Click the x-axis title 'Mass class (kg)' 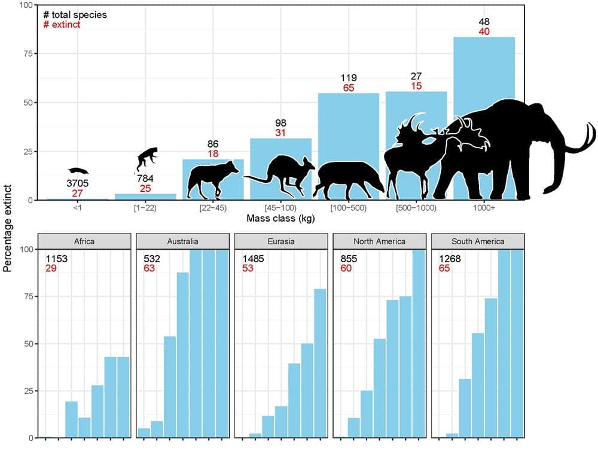coord(280,219)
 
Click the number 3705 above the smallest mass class coord(78,182)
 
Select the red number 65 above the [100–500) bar coord(348,88)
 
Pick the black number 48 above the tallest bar coord(484,22)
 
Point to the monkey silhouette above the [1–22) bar coord(147,158)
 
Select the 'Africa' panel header coord(84,241)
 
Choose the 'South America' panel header coord(477,241)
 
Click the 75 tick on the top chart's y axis coord(28,53)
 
